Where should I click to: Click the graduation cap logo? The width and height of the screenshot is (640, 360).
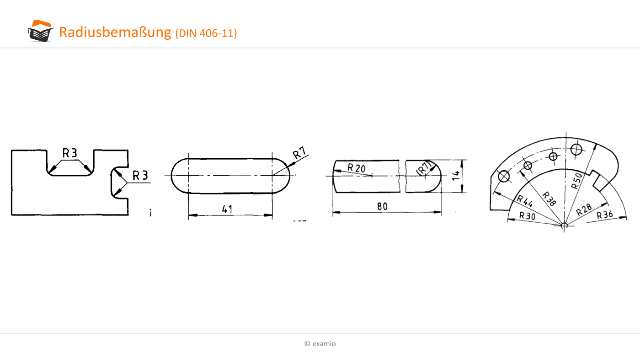41,31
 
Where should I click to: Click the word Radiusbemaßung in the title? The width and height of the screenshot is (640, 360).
115,32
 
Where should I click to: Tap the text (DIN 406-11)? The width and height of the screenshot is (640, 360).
206,33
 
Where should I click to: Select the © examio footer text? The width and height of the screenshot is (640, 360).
320,344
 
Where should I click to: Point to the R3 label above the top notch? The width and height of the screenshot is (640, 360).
70,153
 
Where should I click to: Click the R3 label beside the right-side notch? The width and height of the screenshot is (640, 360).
140,175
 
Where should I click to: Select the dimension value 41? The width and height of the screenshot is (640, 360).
227,209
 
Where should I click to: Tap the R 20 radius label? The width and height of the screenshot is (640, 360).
356,168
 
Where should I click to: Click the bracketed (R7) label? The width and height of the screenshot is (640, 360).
424,168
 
